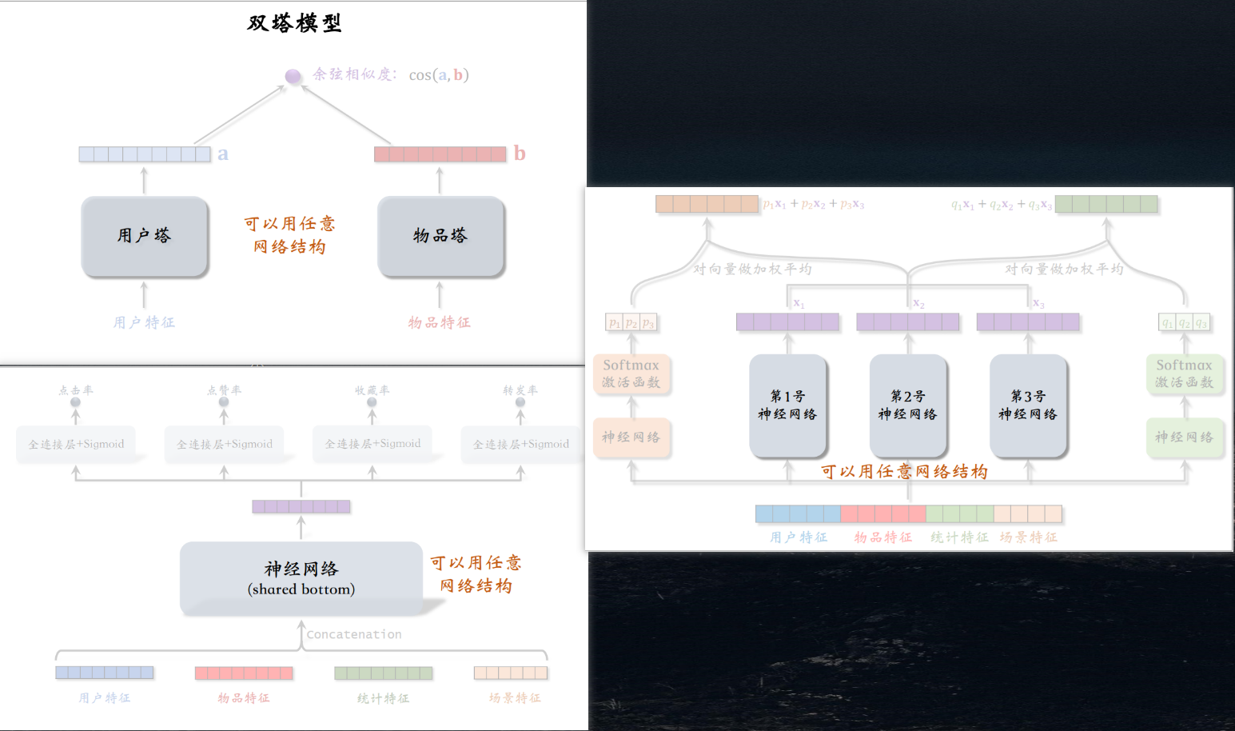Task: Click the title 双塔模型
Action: click(294, 23)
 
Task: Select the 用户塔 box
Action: click(145, 236)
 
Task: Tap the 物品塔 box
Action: click(440, 236)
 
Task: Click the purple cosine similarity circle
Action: click(293, 76)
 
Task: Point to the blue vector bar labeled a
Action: click(145, 154)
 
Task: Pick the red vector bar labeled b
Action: click(440, 154)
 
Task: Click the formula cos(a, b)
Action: click(439, 75)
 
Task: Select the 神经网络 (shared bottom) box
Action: click(301, 578)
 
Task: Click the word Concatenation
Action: click(354, 634)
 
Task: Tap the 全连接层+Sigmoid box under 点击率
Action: click(76, 444)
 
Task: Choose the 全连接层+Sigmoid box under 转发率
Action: click(521, 444)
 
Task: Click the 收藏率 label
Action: click(372, 390)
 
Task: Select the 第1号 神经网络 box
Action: click(787, 405)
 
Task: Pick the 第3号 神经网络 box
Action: click(1028, 405)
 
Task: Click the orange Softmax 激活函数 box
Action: click(631, 373)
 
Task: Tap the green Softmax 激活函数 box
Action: click(1184, 373)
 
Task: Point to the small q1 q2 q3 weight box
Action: click(1184, 323)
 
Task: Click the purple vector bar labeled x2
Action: click(907, 322)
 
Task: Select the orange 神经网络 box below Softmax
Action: click(631, 437)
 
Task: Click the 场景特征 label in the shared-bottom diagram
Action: click(515, 698)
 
